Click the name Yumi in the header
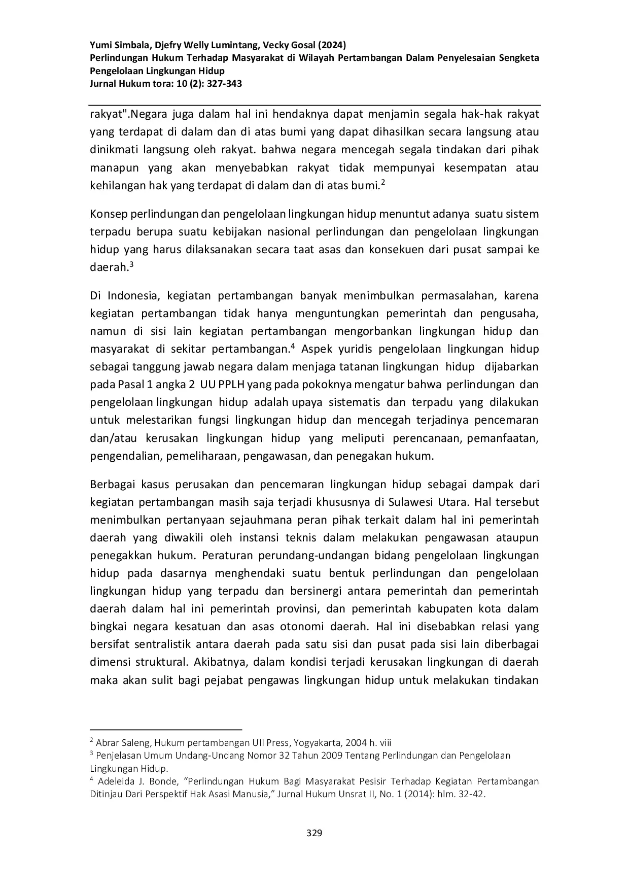100,45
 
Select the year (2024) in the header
332,45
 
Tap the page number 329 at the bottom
314,833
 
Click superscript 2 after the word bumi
383,183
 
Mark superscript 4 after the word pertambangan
293,346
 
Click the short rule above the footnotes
166,729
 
